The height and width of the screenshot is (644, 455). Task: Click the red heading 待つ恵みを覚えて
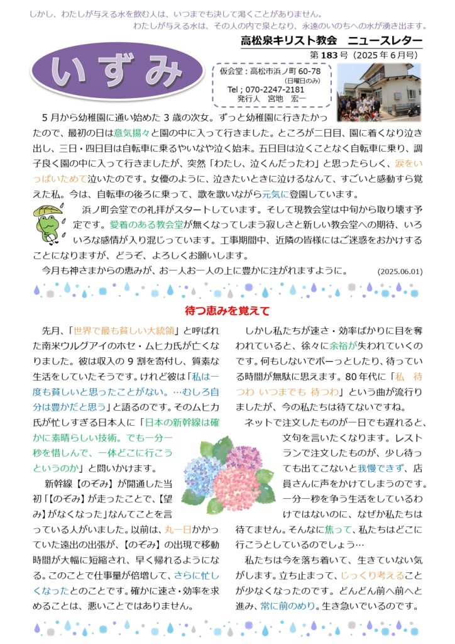click(227, 311)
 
